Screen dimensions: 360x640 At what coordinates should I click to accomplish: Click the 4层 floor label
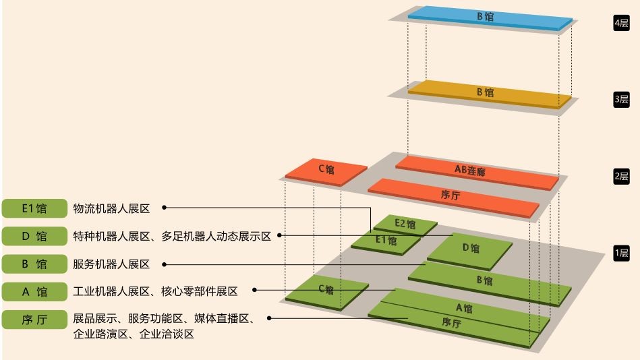click(x=621, y=23)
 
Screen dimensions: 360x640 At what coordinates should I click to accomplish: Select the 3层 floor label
click(x=621, y=100)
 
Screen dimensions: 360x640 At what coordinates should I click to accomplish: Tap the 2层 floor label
click(x=621, y=177)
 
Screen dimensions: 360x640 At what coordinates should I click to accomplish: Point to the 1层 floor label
click(x=621, y=254)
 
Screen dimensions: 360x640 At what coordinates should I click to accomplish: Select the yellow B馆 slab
click(x=490, y=94)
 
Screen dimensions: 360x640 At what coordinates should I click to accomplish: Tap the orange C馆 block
click(x=326, y=170)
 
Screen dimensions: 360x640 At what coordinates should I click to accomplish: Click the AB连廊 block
click(x=476, y=171)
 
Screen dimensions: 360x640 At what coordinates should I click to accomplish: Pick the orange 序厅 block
click(x=453, y=196)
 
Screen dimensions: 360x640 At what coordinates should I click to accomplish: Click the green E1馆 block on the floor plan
click(x=386, y=241)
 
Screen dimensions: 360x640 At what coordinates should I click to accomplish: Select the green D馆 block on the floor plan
click(x=469, y=249)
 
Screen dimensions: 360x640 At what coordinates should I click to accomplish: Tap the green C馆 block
click(x=326, y=290)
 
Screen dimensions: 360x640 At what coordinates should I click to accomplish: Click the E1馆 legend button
click(x=34, y=208)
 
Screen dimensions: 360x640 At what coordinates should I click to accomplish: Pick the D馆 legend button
click(x=34, y=236)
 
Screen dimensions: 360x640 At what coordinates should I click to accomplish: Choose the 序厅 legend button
click(x=34, y=320)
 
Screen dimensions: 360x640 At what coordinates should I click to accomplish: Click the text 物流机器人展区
click(x=111, y=208)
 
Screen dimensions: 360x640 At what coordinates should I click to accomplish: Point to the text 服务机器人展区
click(x=111, y=264)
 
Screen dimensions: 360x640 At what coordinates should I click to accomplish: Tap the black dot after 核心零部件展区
click(x=254, y=291)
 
